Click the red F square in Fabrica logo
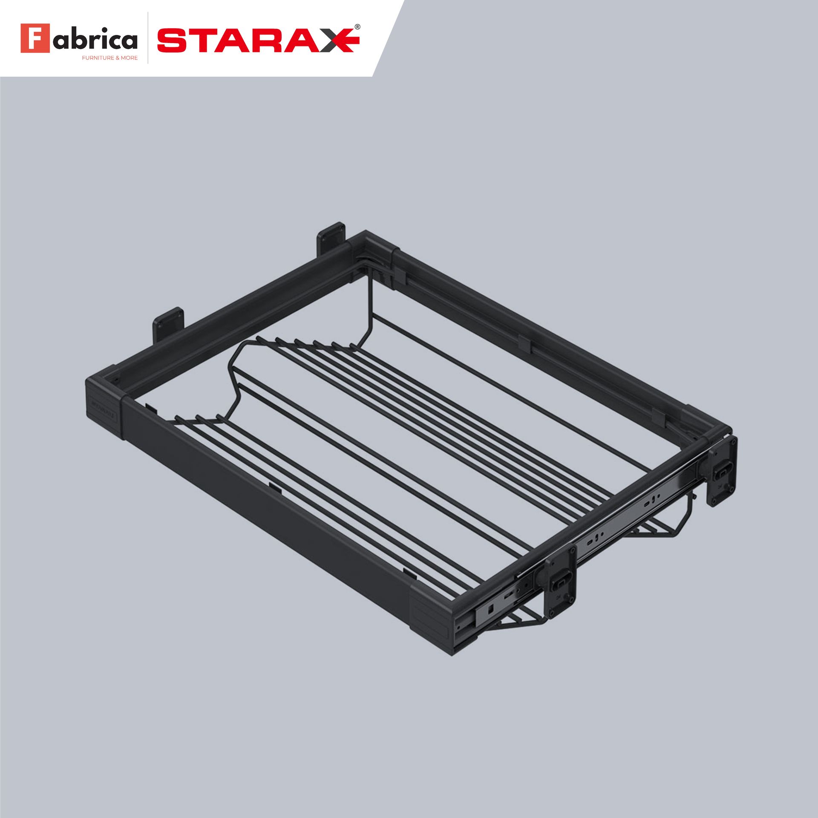coord(35,38)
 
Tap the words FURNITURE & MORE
coord(110,58)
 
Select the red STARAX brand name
coord(256,40)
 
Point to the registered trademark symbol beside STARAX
coord(357,26)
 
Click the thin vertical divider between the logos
coord(148,38)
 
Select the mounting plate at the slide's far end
coord(723,471)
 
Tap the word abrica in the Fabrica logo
coord(95,40)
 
